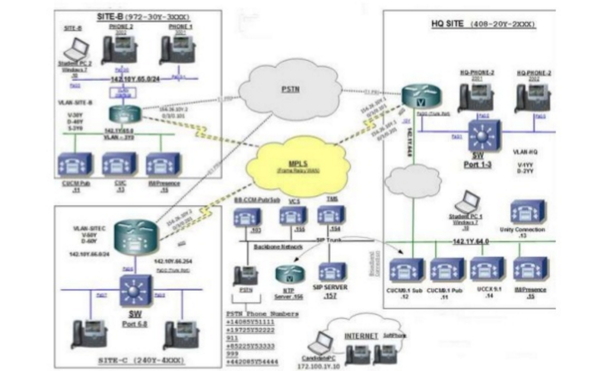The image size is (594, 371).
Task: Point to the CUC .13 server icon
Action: point(119,165)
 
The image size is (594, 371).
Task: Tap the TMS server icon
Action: point(331,215)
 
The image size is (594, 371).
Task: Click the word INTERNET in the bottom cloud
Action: point(361,336)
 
